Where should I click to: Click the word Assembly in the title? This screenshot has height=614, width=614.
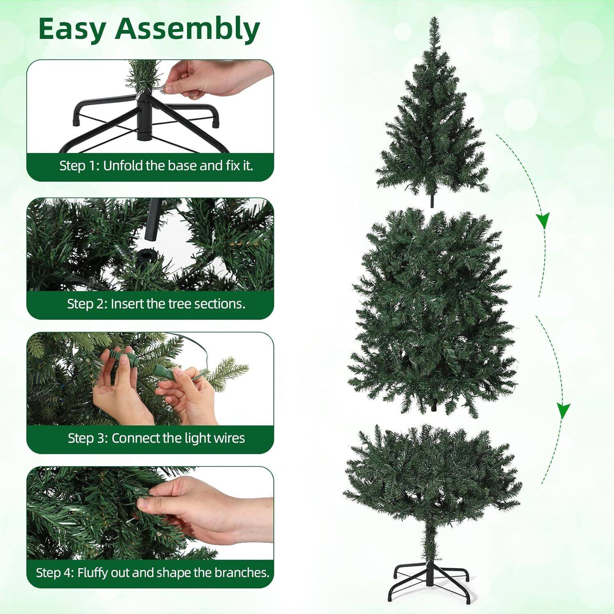click(x=187, y=29)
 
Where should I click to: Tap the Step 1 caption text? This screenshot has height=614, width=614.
click(x=156, y=166)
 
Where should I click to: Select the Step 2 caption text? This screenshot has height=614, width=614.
click(x=156, y=304)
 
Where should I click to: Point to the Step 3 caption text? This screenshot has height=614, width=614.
click(x=156, y=438)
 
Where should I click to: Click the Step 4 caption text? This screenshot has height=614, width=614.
click(x=153, y=572)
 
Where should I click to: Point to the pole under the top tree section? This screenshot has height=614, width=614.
click(x=432, y=201)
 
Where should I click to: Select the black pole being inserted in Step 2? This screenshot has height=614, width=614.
click(x=152, y=219)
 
